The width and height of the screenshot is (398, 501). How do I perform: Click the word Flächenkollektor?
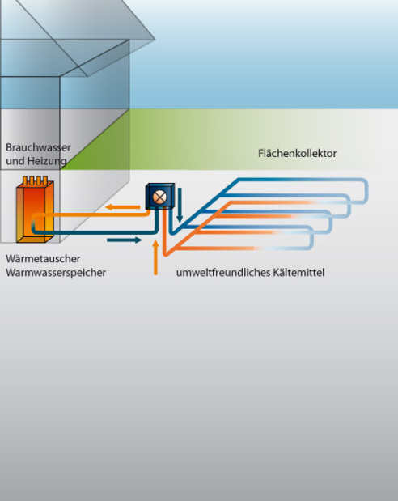coord(297,153)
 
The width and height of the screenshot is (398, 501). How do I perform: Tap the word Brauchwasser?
coord(38,147)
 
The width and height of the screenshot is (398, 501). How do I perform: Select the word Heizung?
coord(47,161)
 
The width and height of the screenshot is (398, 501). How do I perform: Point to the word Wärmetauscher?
coord(43,258)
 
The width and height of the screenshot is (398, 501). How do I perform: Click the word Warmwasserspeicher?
coord(56,273)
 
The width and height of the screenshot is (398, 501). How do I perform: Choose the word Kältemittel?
coord(298,273)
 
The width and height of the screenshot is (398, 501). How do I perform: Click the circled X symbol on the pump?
coord(159,197)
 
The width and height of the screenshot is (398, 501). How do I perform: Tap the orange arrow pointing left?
coord(123,207)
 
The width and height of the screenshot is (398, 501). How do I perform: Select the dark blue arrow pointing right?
coord(125,240)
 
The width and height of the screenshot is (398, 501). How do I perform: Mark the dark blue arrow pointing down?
coord(180,205)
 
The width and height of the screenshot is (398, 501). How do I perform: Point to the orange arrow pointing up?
coord(155,257)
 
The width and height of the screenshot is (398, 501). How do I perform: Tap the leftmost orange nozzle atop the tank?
coord(25,180)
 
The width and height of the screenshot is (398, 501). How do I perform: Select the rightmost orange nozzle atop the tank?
coord(45,180)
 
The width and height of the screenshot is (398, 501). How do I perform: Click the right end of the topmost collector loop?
coord(367,191)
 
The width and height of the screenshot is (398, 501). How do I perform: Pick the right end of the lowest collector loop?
coord(311,238)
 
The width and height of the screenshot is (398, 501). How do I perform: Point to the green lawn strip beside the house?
coord(223,139)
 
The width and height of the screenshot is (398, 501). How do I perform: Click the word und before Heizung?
coord(15,161)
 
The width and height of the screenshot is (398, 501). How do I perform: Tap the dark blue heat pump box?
coord(160,196)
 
